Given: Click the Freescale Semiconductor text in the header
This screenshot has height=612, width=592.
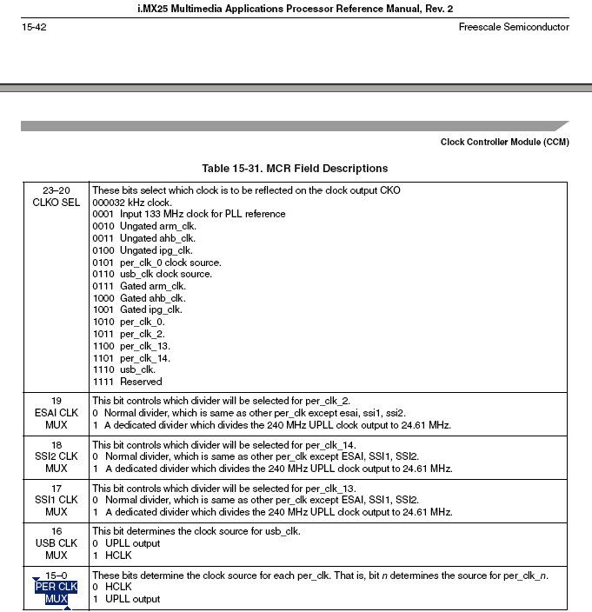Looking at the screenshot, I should coord(513,27).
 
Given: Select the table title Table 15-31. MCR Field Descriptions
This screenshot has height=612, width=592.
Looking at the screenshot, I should coord(295,168).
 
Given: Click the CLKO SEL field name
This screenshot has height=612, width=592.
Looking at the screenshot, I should coord(56,203).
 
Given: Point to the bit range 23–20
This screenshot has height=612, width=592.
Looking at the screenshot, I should coord(56,190).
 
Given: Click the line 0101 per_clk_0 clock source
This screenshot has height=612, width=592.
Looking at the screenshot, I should coord(157,262).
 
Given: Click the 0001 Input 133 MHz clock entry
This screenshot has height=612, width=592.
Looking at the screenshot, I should coord(189,214).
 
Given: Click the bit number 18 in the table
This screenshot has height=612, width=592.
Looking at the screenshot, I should coord(56,444).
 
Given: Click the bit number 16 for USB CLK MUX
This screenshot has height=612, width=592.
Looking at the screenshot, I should coord(56,530).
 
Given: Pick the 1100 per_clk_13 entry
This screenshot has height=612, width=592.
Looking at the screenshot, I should coord(131,345).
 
